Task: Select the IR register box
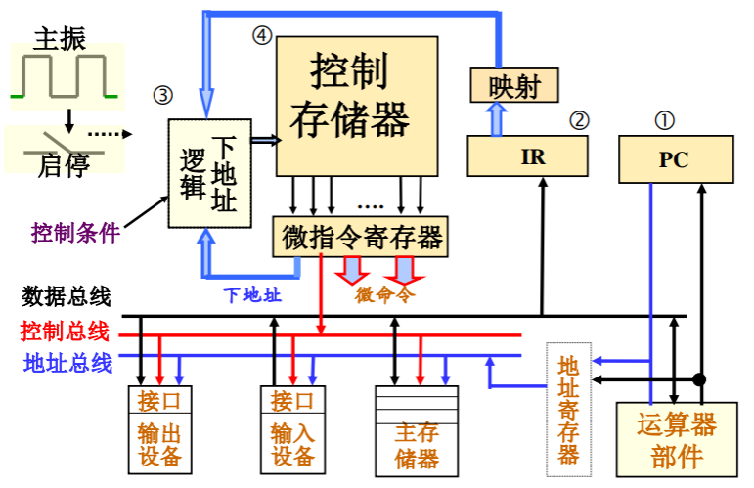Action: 529,156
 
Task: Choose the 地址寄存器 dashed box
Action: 568,409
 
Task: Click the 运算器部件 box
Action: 675,440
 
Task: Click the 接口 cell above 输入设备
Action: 292,401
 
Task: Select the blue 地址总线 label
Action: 67,363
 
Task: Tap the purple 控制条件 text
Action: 75,233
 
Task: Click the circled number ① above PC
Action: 665,119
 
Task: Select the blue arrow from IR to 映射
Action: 497,118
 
